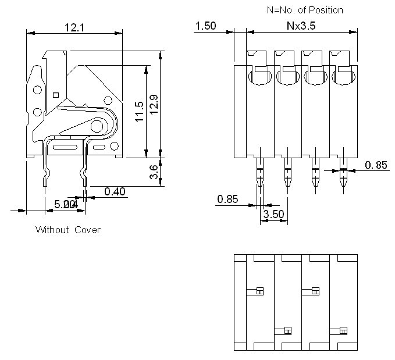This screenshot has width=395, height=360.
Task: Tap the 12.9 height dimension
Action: (x=155, y=105)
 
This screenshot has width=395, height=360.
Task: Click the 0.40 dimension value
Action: (x=115, y=191)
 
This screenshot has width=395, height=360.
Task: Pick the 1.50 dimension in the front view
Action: (x=205, y=26)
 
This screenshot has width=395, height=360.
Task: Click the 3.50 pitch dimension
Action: (x=274, y=214)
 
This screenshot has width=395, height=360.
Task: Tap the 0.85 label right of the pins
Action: (x=376, y=165)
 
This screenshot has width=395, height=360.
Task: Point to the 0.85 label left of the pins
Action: (x=227, y=199)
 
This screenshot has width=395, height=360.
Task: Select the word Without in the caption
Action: (x=52, y=230)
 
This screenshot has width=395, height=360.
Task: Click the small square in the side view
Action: (x=56, y=94)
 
